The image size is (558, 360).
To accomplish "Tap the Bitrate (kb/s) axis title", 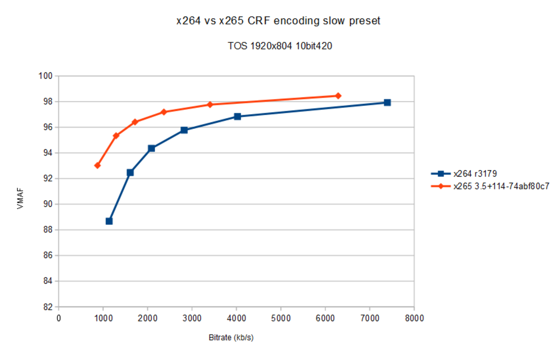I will [x=231, y=337].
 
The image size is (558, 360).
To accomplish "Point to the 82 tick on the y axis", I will [x=49, y=306].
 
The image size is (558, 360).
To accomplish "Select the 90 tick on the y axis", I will [x=49, y=204].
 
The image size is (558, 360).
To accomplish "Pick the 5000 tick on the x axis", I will [x=281, y=317].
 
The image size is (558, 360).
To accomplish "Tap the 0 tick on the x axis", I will [x=58, y=317].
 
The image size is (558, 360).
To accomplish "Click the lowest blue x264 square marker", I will [x=109, y=221].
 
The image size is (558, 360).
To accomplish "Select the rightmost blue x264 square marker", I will [x=387, y=102].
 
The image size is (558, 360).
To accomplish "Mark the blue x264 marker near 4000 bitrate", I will [x=237, y=116].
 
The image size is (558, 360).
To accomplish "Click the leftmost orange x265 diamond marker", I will [x=97, y=165].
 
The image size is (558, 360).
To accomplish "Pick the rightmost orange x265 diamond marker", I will [x=338, y=95].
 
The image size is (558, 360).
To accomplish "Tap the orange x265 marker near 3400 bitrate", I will [x=210, y=104].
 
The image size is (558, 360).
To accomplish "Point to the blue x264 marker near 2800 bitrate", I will [x=184, y=130].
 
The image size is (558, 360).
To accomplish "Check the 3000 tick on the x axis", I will [x=192, y=317].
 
